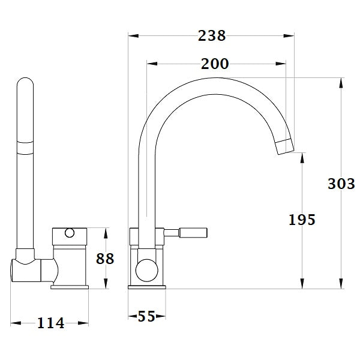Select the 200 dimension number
(214, 64)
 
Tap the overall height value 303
(341, 184)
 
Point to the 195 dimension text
(301, 220)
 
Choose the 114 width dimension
(50, 323)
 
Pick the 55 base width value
(148, 316)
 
